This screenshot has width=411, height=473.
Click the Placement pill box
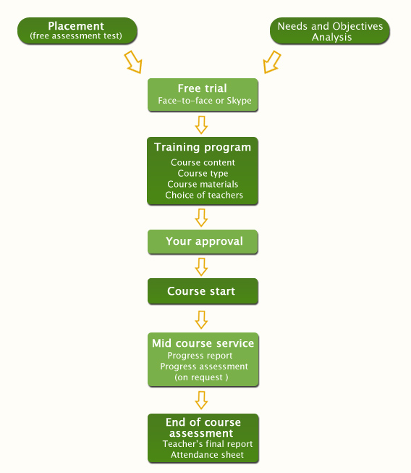click(77, 30)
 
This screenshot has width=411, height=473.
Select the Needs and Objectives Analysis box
click(330, 30)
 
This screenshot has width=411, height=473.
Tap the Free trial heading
click(202, 88)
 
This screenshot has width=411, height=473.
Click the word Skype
click(239, 101)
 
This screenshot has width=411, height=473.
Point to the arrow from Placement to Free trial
click(133, 62)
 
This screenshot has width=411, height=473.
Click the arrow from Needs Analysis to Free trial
click(271, 62)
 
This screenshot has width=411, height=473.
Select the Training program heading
click(203, 148)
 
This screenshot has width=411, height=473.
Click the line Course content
click(203, 162)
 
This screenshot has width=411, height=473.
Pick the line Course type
click(203, 173)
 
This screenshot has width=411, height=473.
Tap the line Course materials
click(203, 184)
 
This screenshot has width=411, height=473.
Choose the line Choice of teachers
click(204, 195)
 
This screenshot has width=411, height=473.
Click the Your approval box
click(203, 242)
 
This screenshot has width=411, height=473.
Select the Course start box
click(203, 291)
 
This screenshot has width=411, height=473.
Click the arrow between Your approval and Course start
click(201, 267)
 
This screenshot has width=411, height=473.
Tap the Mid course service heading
click(203, 343)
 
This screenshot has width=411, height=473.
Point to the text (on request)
click(201, 377)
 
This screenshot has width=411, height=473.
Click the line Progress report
click(200, 356)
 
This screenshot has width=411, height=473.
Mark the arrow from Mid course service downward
click(201, 401)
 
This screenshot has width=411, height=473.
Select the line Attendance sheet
click(207, 455)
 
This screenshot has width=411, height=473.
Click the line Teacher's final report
click(208, 444)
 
